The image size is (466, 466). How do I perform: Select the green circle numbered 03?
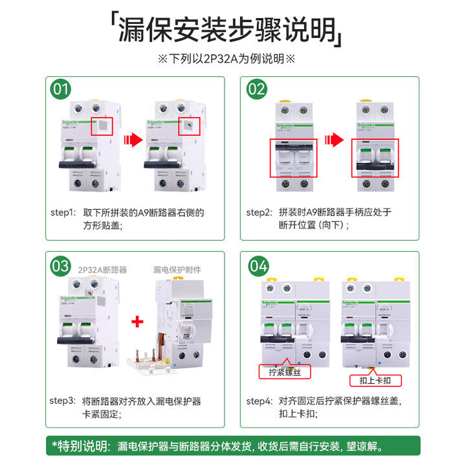(x=61, y=265)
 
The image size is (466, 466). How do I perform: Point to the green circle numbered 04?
(x=257, y=265)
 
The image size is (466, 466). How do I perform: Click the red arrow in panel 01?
(x=133, y=139)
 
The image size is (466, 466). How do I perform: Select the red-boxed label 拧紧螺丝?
(x=285, y=372)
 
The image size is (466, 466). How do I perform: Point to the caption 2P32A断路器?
(x=102, y=269)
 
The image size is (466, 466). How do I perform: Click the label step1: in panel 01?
(x=63, y=212)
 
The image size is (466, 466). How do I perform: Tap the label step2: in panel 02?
(x=259, y=212)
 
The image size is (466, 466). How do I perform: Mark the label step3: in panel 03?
(x=63, y=401)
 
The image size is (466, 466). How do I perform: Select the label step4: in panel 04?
(x=259, y=401)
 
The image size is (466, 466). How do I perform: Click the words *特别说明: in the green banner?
(x=81, y=446)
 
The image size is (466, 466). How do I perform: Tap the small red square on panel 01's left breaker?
(x=102, y=126)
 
